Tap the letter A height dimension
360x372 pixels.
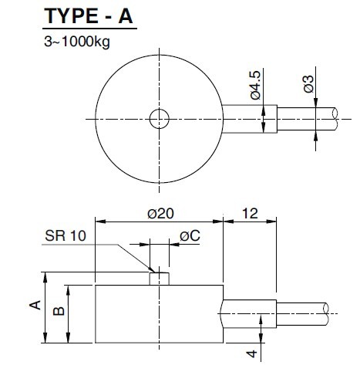pyautogui.click(x=33, y=306)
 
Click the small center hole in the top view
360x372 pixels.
pyautogui.click(x=159, y=119)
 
